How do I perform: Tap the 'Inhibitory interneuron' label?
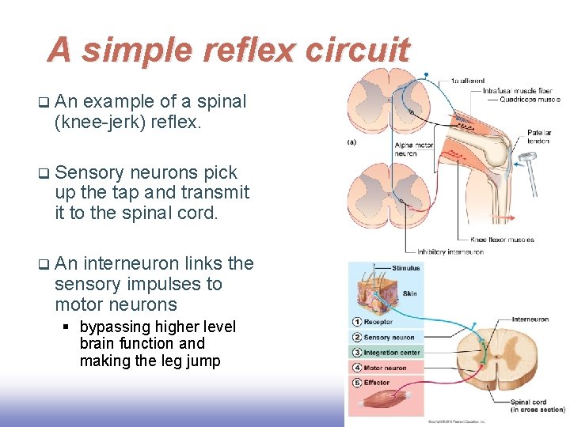pyautogui.click(x=450, y=252)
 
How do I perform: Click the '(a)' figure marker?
pyautogui.click(x=351, y=142)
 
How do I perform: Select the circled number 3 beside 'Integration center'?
pyautogui.click(x=356, y=353)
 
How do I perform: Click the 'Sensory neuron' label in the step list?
pyautogui.click(x=389, y=338)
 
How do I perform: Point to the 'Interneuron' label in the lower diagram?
pyautogui.click(x=530, y=319)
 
